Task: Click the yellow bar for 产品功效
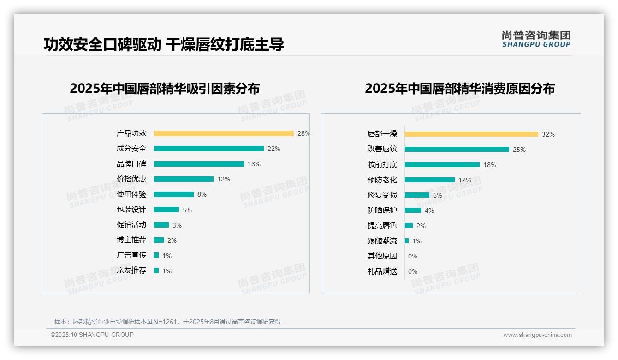coord(224,133)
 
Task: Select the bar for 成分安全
coord(208,149)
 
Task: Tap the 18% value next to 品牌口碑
coord(254,164)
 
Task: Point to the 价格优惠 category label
coord(131,179)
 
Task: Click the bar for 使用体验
coord(173,194)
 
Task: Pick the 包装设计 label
coord(131,210)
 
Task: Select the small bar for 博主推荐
coord(159,240)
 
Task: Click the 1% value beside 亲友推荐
coord(167,271)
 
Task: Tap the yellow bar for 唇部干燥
coord(471,134)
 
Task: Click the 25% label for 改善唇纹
coord(519,150)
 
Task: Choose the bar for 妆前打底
coord(442,165)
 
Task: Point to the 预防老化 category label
coord(382,180)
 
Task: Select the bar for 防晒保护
coord(413,210)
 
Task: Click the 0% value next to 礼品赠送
coord(413,271)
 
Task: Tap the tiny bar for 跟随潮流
coord(407,241)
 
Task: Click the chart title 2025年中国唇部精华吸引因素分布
coord(165,89)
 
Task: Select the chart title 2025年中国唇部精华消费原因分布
coord(459,89)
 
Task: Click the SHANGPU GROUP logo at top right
coord(536,39)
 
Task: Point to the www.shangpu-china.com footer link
coord(537,335)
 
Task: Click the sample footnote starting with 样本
coord(167,322)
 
